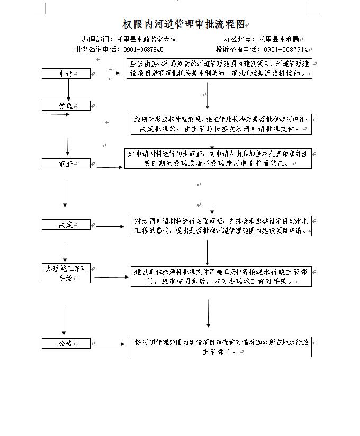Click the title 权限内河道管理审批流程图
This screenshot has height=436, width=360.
(184, 24)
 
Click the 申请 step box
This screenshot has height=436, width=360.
(66, 74)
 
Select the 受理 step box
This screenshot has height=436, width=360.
(66, 105)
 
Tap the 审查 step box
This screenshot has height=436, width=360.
(66, 164)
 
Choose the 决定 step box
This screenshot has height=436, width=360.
(66, 225)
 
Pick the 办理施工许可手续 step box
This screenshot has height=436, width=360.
(66, 273)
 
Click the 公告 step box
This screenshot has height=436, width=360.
(66, 343)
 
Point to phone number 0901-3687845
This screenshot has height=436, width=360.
(143, 49)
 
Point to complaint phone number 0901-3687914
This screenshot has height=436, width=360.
(286, 49)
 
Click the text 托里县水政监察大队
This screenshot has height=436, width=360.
(146, 39)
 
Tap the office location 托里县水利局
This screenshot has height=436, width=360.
(278, 39)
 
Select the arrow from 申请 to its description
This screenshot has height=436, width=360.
(109, 73)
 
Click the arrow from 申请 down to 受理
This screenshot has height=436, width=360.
(69, 90)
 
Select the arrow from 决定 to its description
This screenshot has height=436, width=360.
(110, 226)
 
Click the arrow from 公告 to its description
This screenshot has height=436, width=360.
(108, 344)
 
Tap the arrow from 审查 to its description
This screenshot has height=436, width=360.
(110, 167)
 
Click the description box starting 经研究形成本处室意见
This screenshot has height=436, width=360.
(221, 124)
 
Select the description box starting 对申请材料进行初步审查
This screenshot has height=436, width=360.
(218, 158)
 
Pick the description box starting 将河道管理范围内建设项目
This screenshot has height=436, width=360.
(221, 347)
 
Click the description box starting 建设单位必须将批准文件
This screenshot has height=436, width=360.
(221, 277)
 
